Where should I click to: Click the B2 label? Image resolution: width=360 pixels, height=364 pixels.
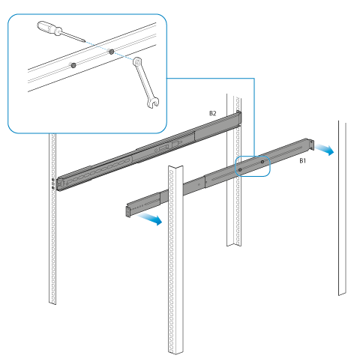coord(212,113)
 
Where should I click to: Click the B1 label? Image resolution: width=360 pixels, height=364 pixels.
coord(303,161)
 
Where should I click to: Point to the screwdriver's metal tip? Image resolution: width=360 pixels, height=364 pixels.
coord(85,40)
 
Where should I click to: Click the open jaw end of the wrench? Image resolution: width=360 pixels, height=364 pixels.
coord(153,103)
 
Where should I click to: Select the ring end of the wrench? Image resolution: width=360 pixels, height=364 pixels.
coord(137,61)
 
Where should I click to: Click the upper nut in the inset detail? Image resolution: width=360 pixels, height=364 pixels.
coord(112,52)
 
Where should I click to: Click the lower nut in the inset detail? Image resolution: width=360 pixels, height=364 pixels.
coord(73,65)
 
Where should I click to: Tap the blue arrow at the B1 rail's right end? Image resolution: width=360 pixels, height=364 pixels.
coord(325,149)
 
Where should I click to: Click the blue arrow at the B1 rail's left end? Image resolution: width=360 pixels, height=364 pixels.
coord(150,219)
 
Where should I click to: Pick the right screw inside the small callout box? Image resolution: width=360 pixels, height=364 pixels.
coord(262,162)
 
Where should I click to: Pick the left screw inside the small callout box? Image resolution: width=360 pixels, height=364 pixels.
coord(240,170)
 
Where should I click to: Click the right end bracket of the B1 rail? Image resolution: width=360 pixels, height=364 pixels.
coord(310,145)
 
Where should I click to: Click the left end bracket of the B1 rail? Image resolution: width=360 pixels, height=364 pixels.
coord(128,211)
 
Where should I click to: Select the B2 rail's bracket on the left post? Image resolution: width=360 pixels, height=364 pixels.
coord(59,184)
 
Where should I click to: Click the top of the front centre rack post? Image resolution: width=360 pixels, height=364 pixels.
coord(175,168)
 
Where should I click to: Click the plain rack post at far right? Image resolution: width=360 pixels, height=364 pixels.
coord(342,208)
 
